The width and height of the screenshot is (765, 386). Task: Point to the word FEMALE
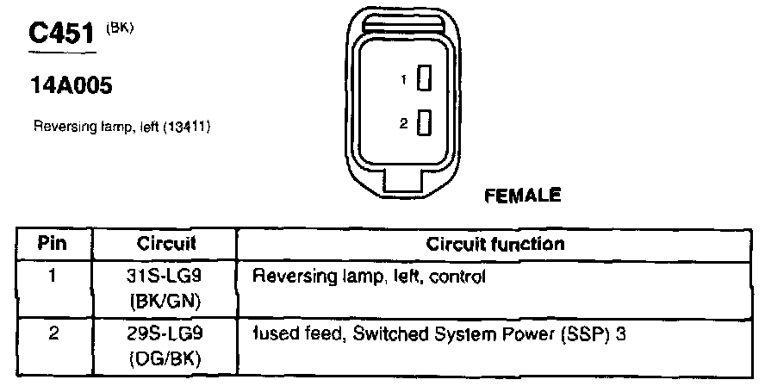tap(523, 195)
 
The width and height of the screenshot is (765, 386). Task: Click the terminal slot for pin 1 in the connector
tap(423, 80)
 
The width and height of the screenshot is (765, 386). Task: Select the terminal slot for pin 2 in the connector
tap(423, 124)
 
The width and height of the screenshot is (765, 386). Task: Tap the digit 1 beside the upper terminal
tap(403, 81)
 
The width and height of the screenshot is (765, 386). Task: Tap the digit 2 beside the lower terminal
tap(402, 125)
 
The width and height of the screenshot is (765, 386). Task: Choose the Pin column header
tap(53, 244)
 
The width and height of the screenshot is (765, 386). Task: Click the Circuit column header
tap(166, 244)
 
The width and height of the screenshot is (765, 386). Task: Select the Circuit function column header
tap(495, 244)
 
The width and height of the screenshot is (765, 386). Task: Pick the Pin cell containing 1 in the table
tap(53, 277)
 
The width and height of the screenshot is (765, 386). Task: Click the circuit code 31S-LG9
tap(166, 277)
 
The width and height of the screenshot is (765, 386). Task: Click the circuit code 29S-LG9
tap(166, 332)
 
